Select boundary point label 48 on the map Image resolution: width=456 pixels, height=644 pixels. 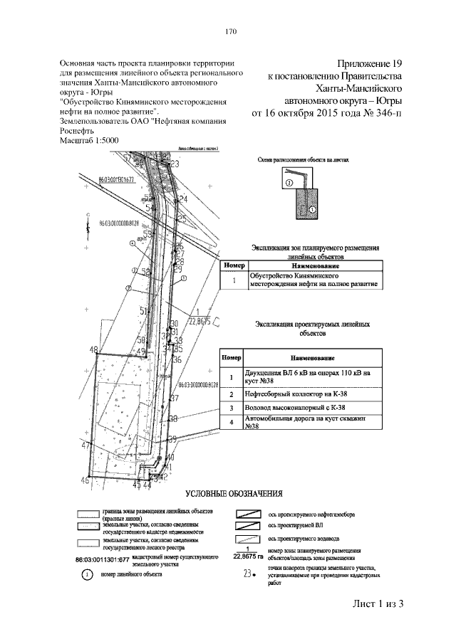pyautogui.click(x=93, y=349)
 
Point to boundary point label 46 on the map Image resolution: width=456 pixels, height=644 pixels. pyautogui.click(x=85, y=481)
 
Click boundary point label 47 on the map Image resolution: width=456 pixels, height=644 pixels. pyautogui.click(x=85, y=445)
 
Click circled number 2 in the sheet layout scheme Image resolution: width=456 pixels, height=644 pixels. pyautogui.click(x=290, y=182)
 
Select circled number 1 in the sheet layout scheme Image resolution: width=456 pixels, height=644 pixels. pyautogui.click(x=311, y=211)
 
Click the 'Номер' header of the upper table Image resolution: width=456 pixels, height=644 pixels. pyautogui.click(x=234, y=265)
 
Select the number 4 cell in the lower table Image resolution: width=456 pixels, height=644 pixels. pyautogui.click(x=231, y=423)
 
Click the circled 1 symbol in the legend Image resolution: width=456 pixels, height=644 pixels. pyautogui.click(x=86, y=574)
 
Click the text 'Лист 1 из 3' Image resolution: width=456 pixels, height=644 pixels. pyautogui.click(x=378, y=604)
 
